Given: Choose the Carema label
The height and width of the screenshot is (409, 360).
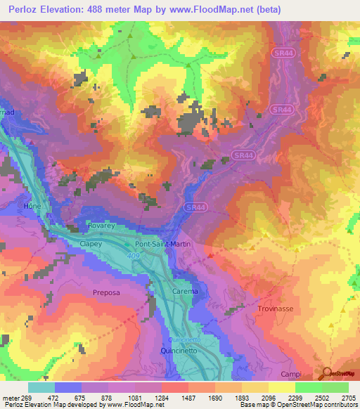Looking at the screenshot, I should (x=186, y=291).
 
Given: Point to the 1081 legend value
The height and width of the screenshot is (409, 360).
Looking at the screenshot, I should (x=135, y=397).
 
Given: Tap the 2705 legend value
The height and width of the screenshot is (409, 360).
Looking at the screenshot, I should (x=349, y=397).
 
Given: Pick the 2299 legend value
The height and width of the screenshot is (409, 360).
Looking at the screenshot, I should (x=295, y=397).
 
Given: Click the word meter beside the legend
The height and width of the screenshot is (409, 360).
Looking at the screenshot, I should (x=10, y=397).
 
